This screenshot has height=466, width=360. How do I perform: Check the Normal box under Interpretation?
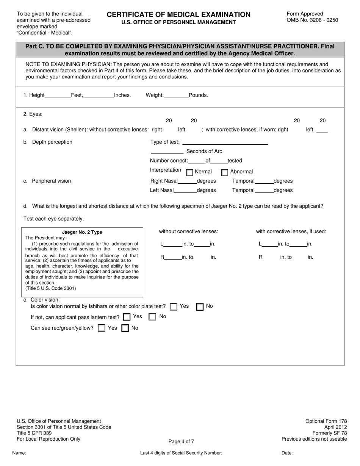pyautogui.click(x=190, y=173)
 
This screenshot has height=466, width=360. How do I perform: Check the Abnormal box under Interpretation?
pyautogui.click(x=225, y=173)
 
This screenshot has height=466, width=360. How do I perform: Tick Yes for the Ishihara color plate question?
pyautogui.click(x=174, y=307)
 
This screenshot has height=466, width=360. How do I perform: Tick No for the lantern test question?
pyautogui.click(x=152, y=317)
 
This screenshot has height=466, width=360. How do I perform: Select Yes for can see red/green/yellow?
pyautogui.click(x=102, y=328)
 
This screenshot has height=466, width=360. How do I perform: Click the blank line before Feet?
pyautogui.click(x=58, y=95)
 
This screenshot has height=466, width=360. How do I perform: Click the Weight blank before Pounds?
pyautogui.click(x=176, y=95)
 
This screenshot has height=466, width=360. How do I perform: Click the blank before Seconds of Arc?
pyautogui.click(x=167, y=152)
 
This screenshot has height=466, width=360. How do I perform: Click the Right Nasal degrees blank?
pyautogui.click(x=187, y=181)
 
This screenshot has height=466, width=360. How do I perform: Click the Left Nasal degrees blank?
pyautogui.click(x=185, y=191)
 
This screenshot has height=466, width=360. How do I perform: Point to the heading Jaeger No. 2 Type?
pyautogui.click(x=82, y=232)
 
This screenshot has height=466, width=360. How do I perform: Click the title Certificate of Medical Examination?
pyautogui.click(x=178, y=15)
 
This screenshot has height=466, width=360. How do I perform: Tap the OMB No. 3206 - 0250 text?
pyautogui.click(x=312, y=20)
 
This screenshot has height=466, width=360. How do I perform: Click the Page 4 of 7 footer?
pyautogui.click(x=182, y=441)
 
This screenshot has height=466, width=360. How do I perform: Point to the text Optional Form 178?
pyautogui.click(x=326, y=421)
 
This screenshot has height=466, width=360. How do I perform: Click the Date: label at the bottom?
pyautogui.click(x=287, y=453)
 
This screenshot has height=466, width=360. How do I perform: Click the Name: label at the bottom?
pyautogui.click(x=19, y=453)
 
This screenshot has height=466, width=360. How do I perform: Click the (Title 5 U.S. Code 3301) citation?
pyautogui.click(x=51, y=288)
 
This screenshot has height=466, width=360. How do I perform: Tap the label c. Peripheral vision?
pyautogui.click(x=47, y=181)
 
